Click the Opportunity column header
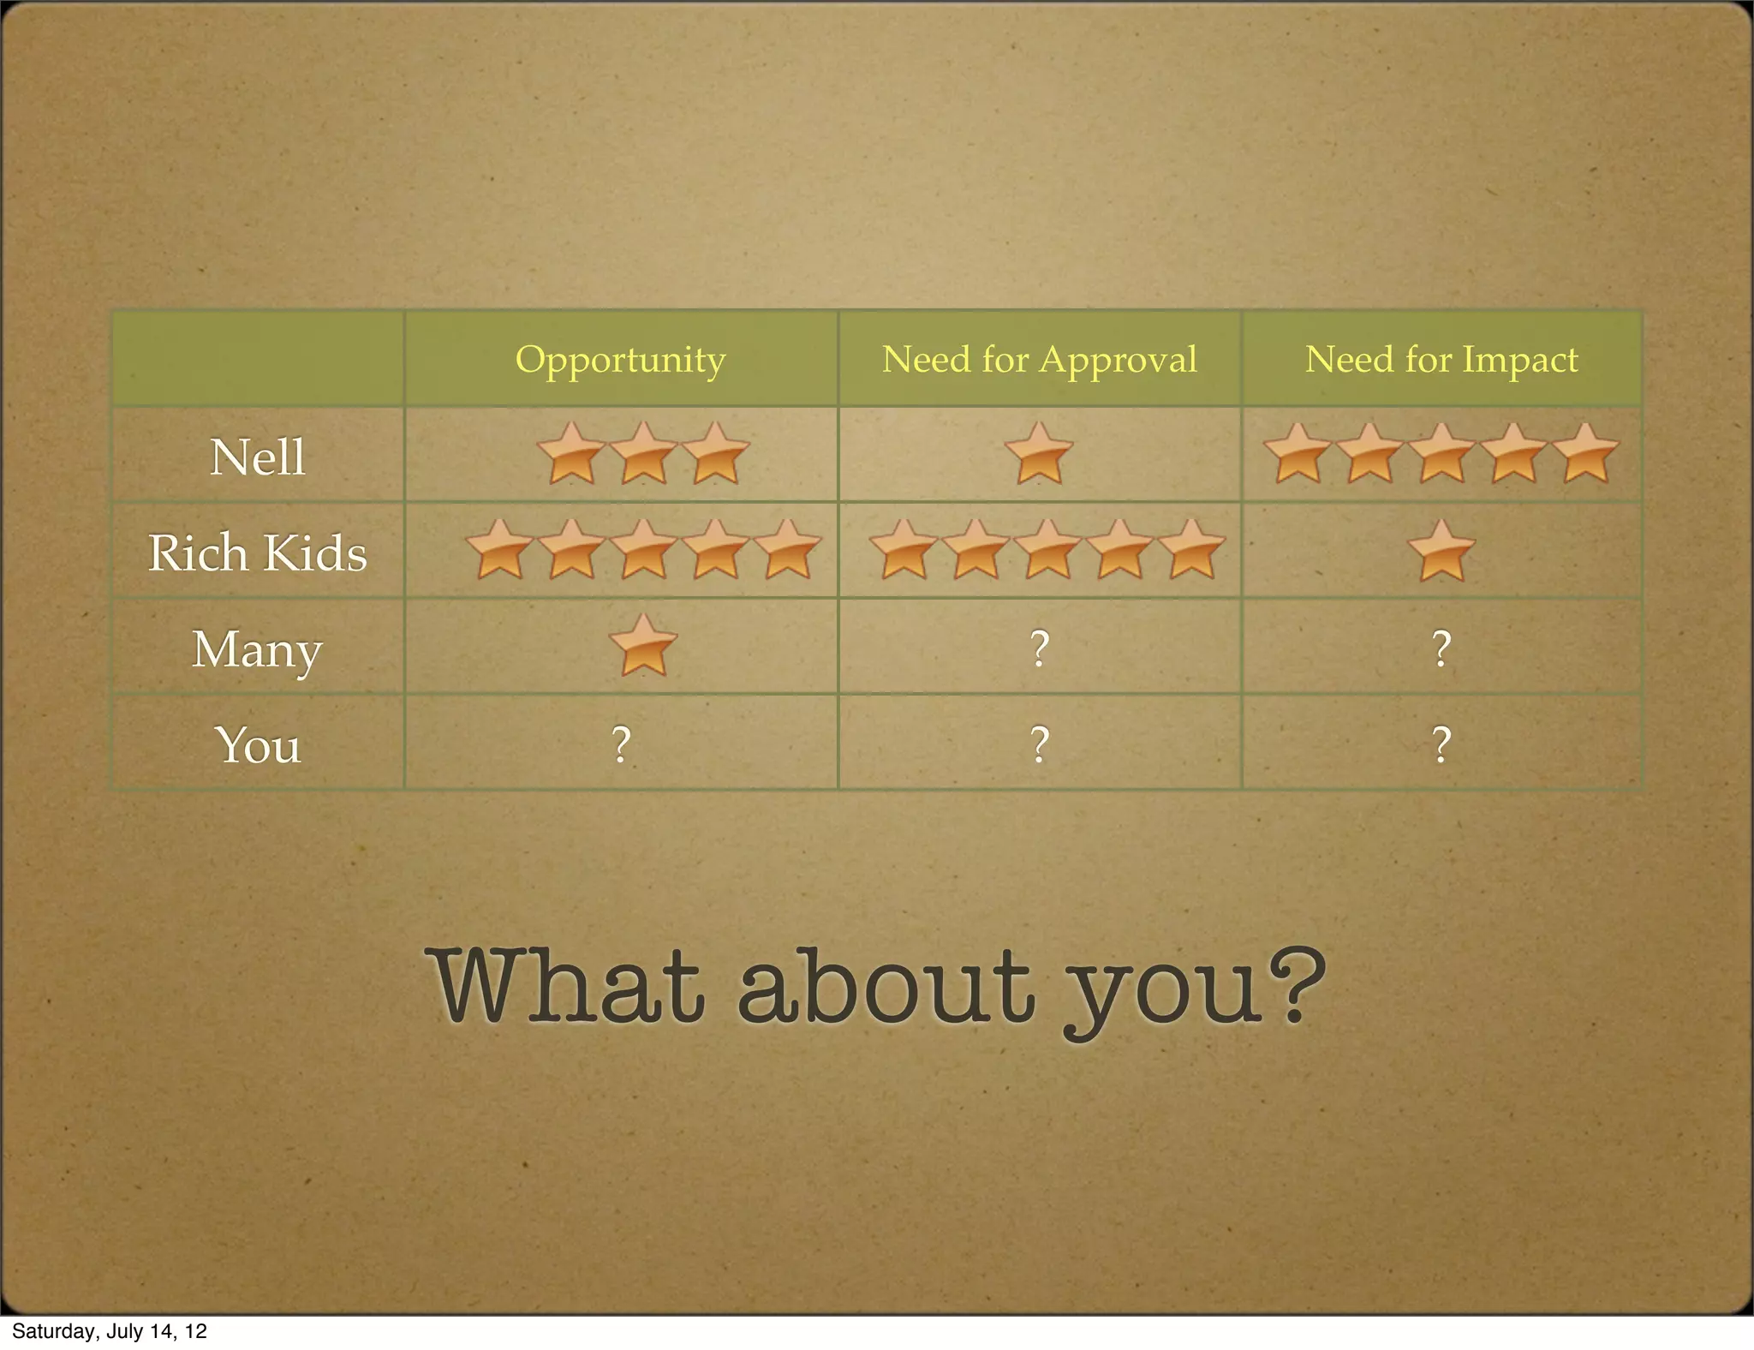point(620,360)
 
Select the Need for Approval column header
point(1039,360)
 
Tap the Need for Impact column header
point(1441,360)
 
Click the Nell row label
point(257,457)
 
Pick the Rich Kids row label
point(257,553)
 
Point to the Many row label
point(257,649)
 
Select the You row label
point(257,745)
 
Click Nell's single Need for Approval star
point(1038,454)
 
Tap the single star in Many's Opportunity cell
point(643,645)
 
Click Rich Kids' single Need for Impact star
point(1441,551)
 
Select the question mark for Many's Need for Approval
point(1039,648)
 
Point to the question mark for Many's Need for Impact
point(1441,648)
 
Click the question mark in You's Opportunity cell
point(621,744)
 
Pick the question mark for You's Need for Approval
point(1039,744)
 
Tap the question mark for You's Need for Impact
point(1441,744)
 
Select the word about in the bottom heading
point(886,985)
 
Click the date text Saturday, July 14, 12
point(110,1331)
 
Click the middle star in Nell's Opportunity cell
point(643,454)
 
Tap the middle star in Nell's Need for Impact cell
point(1441,454)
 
